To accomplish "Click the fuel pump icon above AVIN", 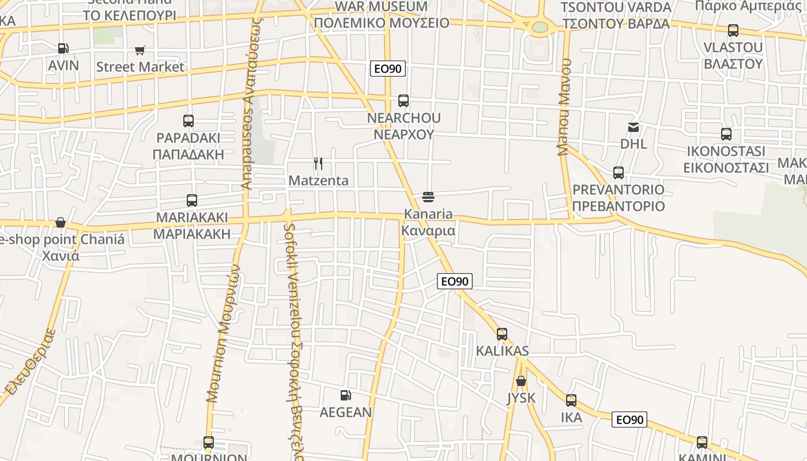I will [63, 49].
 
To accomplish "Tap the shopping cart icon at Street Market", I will [140, 51].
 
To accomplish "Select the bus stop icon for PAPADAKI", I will [188, 121].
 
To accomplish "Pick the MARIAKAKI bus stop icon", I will [192, 201].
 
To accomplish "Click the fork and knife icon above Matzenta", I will [318, 164].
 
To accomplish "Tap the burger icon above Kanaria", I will [428, 197].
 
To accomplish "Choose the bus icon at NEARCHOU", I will [403, 101].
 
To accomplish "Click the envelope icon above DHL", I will [633, 127].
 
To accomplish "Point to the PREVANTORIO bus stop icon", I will [619, 172].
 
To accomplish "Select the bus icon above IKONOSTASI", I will [726, 134].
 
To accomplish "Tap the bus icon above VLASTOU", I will [733, 31].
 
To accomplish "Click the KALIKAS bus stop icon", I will [502, 334].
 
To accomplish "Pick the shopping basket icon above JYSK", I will [521, 381].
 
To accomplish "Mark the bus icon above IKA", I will [571, 400].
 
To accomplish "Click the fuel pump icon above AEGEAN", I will [346, 395].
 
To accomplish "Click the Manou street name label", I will [564, 107].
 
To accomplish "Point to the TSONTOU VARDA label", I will [616, 7].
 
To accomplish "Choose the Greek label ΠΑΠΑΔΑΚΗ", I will [188, 154].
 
